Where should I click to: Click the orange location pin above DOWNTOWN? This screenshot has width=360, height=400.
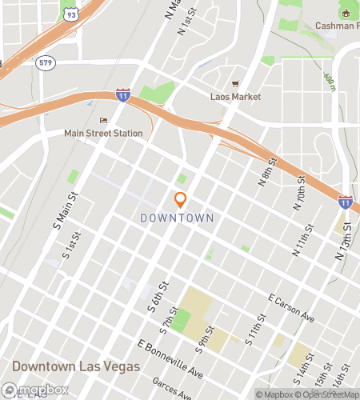point(181,200)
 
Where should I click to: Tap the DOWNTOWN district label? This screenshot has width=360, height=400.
point(177,218)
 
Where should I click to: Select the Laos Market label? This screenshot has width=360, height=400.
point(235,97)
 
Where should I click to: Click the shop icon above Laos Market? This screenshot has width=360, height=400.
point(235,83)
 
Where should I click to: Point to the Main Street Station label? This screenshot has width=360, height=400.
point(104,134)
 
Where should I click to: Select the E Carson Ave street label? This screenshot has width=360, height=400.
point(292,310)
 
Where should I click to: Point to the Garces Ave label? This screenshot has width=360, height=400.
point(174,390)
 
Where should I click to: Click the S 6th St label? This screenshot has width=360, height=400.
point(158,295)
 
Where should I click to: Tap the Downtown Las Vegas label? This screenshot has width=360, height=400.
point(76,366)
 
